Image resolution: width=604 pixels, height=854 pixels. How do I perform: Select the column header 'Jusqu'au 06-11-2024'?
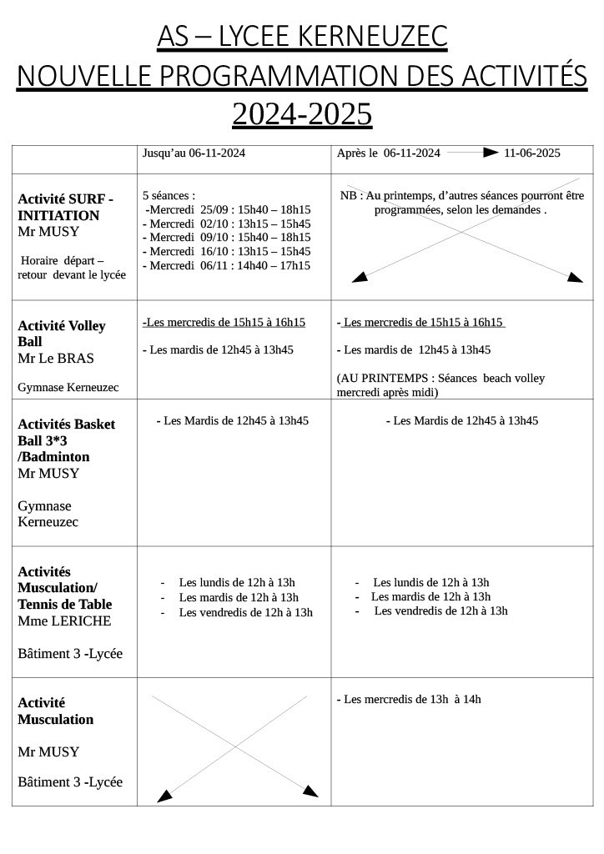[x=194, y=153]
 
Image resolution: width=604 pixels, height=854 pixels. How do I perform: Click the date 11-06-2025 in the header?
[x=531, y=153]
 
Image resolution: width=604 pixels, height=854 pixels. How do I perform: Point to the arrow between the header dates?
[x=472, y=153]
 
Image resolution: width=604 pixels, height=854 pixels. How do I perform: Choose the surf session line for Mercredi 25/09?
[x=228, y=210]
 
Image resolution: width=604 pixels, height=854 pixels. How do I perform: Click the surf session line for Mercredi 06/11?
[x=226, y=266]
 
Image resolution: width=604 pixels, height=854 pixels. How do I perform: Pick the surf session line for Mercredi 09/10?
[x=226, y=238]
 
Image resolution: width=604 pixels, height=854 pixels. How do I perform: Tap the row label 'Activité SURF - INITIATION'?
[x=65, y=207]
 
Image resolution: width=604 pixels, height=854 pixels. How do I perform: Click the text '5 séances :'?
[x=169, y=195]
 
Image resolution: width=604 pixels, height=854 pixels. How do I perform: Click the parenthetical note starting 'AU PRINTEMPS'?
[x=440, y=384]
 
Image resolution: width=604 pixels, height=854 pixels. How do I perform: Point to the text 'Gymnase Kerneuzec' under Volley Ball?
[x=68, y=388]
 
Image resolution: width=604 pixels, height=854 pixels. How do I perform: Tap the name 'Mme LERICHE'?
[x=64, y=621]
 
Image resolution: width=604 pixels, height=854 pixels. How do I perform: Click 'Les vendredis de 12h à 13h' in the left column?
[x=245, y=613]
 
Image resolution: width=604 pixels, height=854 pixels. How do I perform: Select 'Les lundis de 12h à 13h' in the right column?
[x=430, y=583]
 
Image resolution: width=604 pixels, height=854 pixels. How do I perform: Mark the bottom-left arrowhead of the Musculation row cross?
[x=164, y=796]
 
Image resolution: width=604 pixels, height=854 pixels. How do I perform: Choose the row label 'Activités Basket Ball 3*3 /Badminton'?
[x=66, y=440]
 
